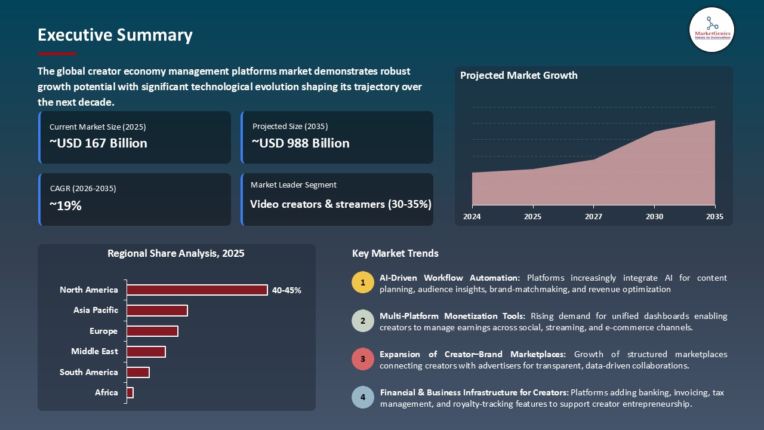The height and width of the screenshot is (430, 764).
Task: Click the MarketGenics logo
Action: tap(711, 29)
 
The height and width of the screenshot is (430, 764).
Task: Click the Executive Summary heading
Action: tap(115, 35)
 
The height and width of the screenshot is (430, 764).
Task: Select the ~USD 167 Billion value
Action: tap(98, 143)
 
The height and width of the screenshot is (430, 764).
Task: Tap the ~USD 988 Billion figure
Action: tap(301, 143)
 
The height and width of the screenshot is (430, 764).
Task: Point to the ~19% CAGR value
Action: tap(66, 206)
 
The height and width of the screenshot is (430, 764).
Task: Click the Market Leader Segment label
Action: tap(294, 185)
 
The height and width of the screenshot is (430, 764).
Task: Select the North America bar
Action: tap(197, 290)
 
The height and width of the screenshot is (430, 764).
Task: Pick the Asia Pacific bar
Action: tap(157, 311)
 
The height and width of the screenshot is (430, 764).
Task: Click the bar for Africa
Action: tap(130, 393)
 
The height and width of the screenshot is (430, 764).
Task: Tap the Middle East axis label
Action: tap(94, 352)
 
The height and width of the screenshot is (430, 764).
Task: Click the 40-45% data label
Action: tap(286, 291)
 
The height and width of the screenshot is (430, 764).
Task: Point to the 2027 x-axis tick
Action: tap(593, 217)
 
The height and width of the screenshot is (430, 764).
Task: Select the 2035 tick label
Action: tap(714, 217)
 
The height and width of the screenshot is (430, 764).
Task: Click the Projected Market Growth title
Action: tap(519, 76)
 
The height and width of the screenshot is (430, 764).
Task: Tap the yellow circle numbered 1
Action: tap(362, 283)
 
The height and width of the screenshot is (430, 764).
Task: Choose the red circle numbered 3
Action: tap(362, 360)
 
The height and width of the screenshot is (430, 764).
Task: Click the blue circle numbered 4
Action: tap(362, 398)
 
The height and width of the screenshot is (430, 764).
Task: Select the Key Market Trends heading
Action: tap(395, 254)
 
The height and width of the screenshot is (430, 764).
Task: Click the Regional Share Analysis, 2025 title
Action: tap(176, 254)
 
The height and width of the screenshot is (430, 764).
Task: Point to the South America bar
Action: tap(138, 373)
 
